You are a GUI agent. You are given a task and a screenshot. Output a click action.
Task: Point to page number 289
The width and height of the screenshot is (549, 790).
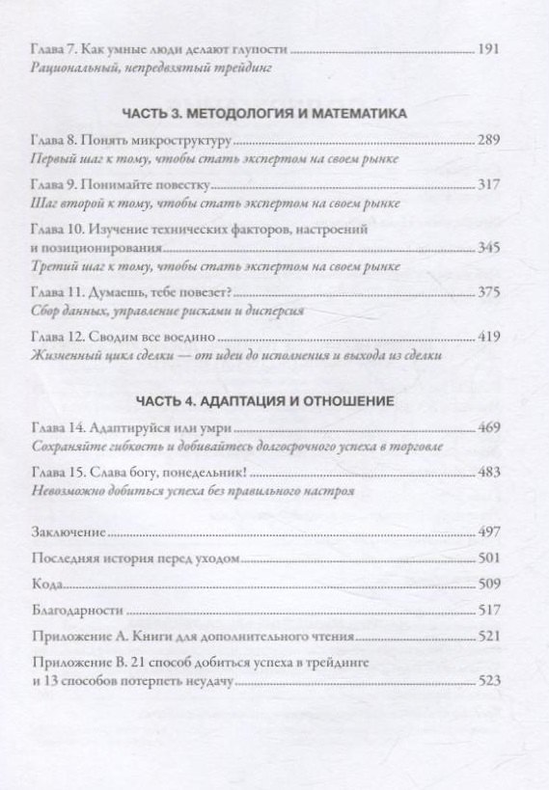(x=490, y=140)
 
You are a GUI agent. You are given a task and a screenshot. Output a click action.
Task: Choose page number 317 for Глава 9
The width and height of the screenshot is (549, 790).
(x=490, y=184)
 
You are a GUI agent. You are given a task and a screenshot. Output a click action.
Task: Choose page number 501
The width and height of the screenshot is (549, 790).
(x=490, y=558)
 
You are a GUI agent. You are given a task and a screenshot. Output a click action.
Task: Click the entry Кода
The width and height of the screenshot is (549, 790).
(x=46, y=584)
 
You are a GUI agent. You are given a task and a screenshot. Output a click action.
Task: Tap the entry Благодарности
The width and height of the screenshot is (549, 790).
(x=78, y=610)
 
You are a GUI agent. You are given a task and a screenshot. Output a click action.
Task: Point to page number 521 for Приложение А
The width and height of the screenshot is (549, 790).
(x=490, y=637)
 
